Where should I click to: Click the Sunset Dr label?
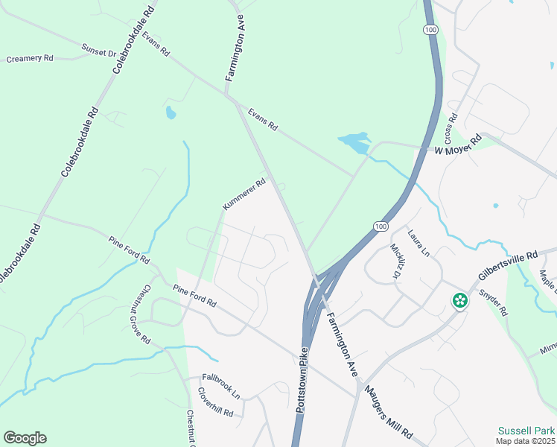point(99,53)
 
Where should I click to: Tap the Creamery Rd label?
point(31,58)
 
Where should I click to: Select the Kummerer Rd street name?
point(244,194)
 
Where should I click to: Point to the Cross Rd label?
point(450,128)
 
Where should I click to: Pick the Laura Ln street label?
point(418,243)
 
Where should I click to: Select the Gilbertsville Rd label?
point(509,267)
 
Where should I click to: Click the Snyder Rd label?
point(493,301)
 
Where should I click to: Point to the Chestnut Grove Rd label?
point(146,314)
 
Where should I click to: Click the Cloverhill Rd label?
point(216,402)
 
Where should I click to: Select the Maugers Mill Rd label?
point(387,410)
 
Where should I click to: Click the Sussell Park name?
point(527,431)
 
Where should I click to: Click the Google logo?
point(25,438)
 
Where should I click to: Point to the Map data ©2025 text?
point(526,442)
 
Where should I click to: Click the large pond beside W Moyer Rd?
point(354,142)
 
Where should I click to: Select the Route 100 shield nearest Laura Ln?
point(381,226)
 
